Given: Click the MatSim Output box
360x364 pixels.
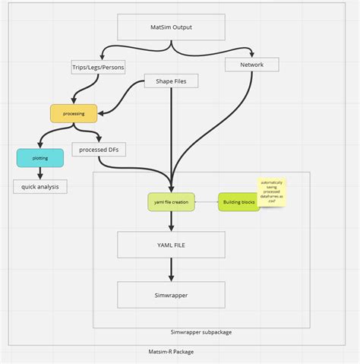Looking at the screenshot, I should [172, 28].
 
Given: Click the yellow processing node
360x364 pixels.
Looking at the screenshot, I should [74, 113].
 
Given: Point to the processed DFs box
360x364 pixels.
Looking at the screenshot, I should [99, 150].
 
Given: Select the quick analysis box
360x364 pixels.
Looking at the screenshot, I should [39, 185].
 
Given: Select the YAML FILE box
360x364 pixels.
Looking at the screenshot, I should [171, 245].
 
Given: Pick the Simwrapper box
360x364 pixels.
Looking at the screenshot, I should [171, 294].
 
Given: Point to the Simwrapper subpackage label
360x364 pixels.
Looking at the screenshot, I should [201, 332].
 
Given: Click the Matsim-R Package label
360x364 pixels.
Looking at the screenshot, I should [172, 352].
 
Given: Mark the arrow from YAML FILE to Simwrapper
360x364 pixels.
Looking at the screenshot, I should [171, 270].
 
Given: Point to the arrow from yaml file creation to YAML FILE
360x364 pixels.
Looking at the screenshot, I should [171, 221].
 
